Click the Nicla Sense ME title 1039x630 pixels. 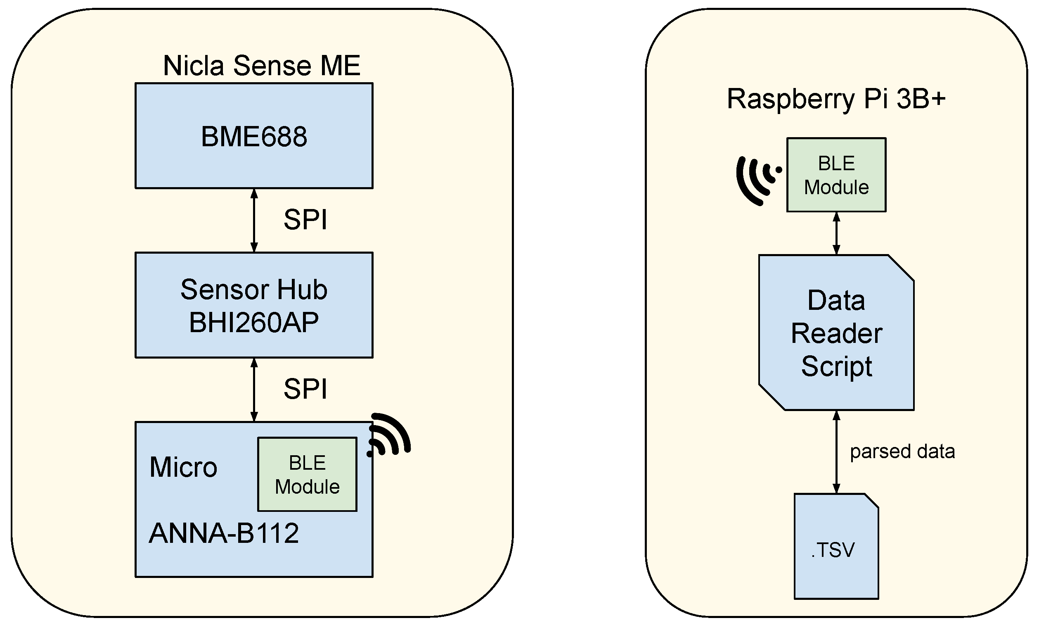click(261, 66)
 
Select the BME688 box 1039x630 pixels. click(254, 136)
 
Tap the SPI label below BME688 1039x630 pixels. click(305, 220)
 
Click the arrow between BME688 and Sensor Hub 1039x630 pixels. click(254, 220)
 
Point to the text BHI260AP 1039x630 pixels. click(254, 323)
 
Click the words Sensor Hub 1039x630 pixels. click(254, 290)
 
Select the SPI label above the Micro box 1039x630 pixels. click(305, 389)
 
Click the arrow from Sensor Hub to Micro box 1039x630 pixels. click(254, 389)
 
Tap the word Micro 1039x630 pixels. click(183, 468)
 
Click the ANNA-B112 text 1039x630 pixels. click(224, 533)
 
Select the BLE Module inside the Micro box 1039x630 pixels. click(308, 474)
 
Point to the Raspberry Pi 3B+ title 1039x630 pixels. click(836, 99)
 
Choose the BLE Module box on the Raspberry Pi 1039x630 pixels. click(836, 175)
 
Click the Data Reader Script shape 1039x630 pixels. click(836, 333)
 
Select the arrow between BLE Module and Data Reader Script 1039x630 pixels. click(837, 233)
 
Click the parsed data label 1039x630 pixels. click(902, 452)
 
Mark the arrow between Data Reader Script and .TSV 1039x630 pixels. click(837, 452)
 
